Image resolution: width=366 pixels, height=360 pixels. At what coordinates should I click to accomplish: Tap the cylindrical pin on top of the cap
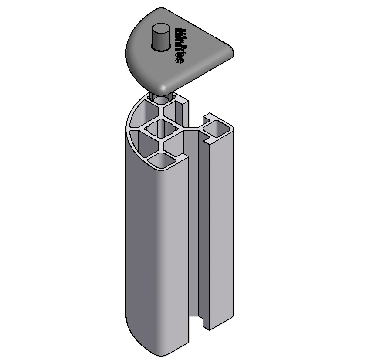pyautogui.click(x=161, y=37)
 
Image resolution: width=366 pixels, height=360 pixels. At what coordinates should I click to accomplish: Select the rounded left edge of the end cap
pyautogui.click(x=131, y=48)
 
